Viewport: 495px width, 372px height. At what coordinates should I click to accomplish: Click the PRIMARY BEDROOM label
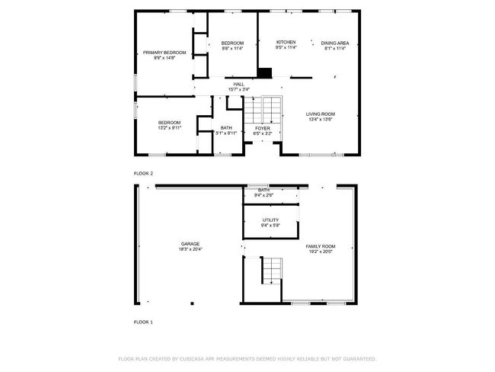[x=164, y=53]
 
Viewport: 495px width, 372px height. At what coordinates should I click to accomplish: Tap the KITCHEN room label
[x=286, y=42]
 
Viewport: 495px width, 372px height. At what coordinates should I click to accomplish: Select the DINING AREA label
[x=335, y=43]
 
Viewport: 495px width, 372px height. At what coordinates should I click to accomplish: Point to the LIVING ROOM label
[x=321, y=114]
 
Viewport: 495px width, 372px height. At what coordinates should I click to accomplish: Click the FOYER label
[x=263, y=128]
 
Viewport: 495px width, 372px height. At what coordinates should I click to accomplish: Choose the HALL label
[x=239, y=84]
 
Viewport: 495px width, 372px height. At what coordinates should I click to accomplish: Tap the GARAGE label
[x=190, y=244]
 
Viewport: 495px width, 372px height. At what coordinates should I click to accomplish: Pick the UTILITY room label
[x=271, y=220]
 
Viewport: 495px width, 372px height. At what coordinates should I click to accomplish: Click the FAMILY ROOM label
[x=321, y=246]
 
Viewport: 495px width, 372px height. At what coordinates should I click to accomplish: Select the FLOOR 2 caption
[x=143, y=174]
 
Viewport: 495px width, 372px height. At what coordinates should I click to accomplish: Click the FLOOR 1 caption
[x=143, y=322]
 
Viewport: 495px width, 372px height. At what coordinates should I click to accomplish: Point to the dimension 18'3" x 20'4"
[x=190, y=249]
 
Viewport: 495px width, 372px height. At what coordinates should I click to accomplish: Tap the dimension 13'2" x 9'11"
[x=170, y=128]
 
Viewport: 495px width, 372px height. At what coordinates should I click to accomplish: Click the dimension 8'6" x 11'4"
[x=233, y=48]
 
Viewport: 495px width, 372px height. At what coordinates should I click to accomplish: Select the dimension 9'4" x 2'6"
[x=264, y=195]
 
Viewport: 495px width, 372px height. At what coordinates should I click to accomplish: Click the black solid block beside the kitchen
[x=264, y=72]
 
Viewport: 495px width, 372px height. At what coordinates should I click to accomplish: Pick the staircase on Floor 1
[x=272, y=271]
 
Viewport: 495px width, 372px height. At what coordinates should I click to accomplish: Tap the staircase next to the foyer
[x=263, y=110]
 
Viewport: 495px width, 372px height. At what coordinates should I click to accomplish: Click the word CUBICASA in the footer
[x=192, y=359]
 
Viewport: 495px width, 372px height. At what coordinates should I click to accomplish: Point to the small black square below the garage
[x=192, y=303]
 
